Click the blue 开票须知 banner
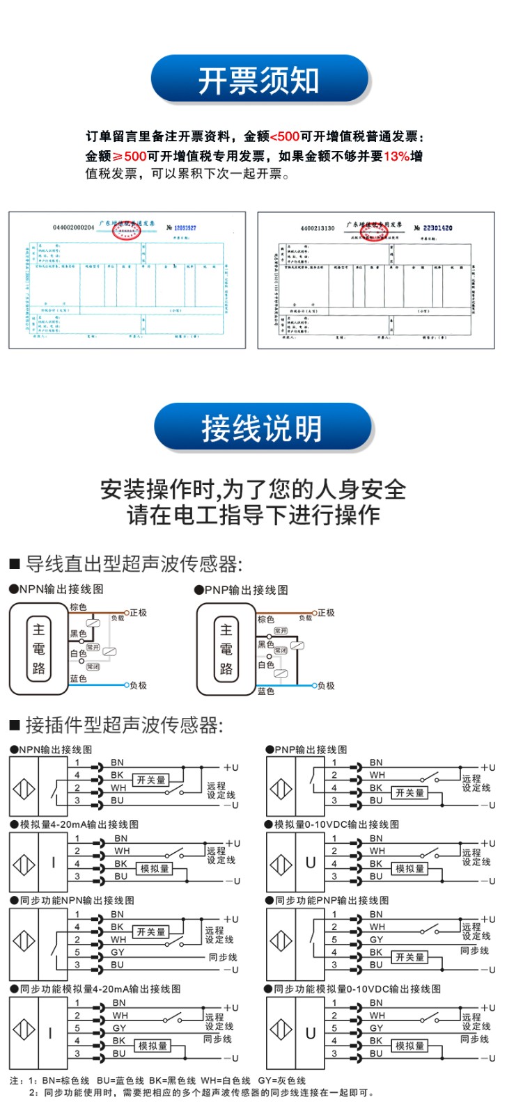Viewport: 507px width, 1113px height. coord(258,80)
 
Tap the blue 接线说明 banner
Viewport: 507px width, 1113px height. coord(262,427)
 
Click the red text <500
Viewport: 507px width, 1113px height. coord(284,137)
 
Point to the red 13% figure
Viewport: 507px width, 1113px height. coord(396,157)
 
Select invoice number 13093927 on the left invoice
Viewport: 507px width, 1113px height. coord(185,227)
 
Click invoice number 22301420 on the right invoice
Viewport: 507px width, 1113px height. coord(437,227)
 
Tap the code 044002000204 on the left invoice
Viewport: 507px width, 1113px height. coord(73,227)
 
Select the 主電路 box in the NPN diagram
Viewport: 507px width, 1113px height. coord(39,649)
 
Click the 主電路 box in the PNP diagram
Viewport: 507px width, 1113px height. coord(226,649)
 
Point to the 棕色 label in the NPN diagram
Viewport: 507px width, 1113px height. coord(79,607)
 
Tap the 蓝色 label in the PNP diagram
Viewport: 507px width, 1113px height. coord(266,691)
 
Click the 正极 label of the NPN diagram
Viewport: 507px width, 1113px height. coord(139,613)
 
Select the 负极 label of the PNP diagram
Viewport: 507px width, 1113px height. coord(326,686)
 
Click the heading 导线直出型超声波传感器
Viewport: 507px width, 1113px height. coord(132,563)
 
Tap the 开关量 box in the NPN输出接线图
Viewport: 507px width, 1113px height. coord(151,780)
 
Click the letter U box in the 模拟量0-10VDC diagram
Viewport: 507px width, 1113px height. coord(311,863)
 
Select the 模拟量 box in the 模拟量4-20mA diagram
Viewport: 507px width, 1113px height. coord(155,868)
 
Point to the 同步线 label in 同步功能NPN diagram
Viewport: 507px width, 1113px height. coord(223,957)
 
